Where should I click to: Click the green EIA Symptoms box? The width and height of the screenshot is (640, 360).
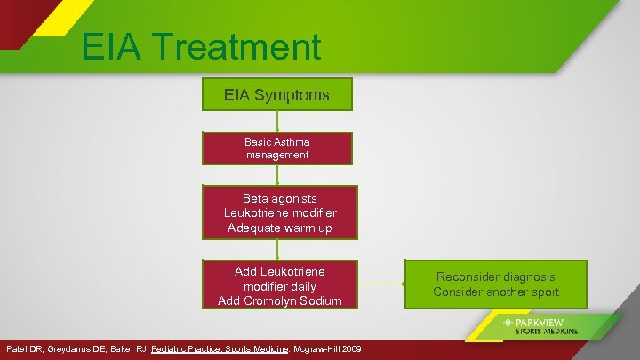pyautogui.click(x=278, y=94)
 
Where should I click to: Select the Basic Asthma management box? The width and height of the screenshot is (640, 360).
pyautogui.click(x=278, y=148)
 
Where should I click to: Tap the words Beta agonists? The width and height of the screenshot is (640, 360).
pyautogui.click(x=278, y=198)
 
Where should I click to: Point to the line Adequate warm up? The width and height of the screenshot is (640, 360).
pyautogui.click(x=278, y=228)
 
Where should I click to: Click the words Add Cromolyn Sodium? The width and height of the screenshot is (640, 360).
pyautogui.click(x=280, y=300)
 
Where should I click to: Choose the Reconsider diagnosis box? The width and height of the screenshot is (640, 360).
pyautogui.click(x=496, y=284)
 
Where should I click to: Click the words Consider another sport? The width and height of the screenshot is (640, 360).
pyautogui.click(x=496, y=292)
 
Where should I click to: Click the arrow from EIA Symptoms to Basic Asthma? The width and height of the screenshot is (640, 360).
pyautogui.click(x=278, y=121)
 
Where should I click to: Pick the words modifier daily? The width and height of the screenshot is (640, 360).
pyautogui.click(x=280, y=286)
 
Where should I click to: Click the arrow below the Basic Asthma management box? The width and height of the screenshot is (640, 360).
pyautogui.click(x=278, y=175)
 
